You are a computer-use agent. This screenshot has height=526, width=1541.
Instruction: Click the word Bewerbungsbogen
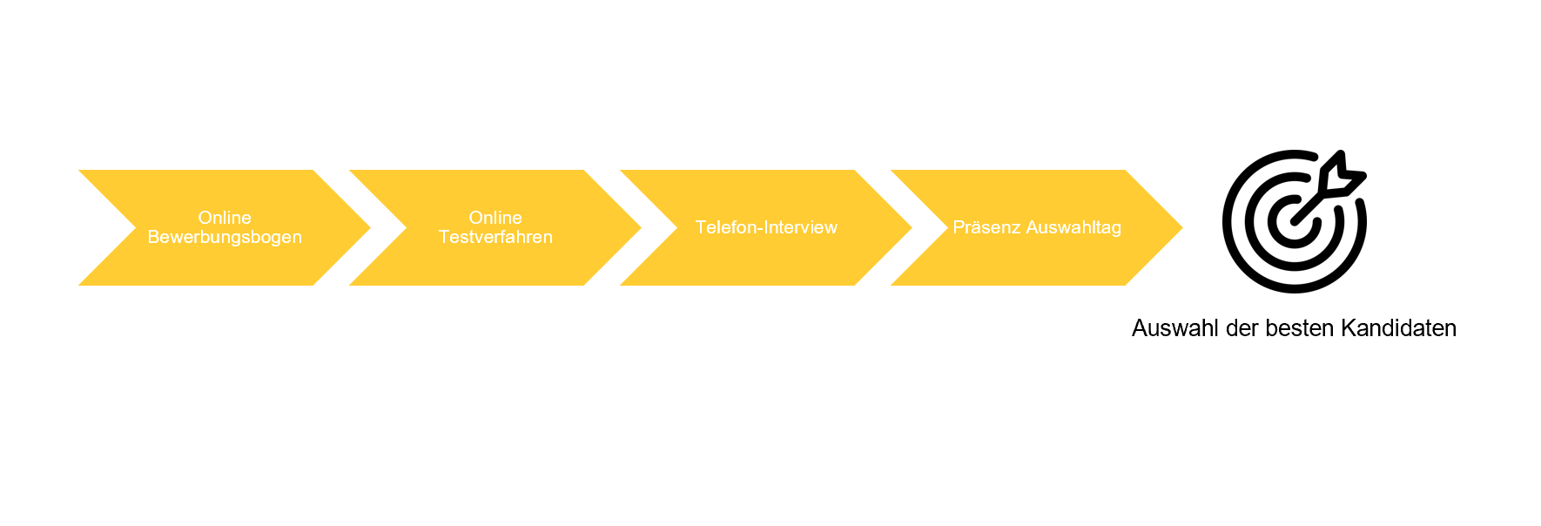(x=225, y=237)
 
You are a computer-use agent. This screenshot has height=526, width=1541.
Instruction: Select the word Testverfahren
(x=495, y=237)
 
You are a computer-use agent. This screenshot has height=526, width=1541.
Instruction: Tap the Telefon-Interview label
(x=766, y=227)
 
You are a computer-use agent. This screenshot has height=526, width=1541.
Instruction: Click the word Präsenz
(x=986, y=227)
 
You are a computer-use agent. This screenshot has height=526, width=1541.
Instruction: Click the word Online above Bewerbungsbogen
(x=225, y=218)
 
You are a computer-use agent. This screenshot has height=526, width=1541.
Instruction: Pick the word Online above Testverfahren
(x=495, y=218)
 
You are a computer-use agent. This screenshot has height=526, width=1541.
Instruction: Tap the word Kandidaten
(x=1398, y=328)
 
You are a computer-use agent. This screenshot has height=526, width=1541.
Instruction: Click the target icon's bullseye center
(x=1294, y=222)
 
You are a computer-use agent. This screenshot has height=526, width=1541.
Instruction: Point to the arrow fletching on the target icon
(x=1341, y=174)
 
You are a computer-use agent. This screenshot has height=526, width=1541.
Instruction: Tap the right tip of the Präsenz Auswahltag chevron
(x=1183, y=227)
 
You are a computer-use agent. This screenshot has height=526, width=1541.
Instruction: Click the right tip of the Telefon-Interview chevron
(x=912, y=227)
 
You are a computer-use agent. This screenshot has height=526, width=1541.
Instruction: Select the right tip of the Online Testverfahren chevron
(x=642, y=227)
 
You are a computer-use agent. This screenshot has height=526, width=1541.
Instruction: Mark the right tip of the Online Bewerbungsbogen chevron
(x=371, y=227)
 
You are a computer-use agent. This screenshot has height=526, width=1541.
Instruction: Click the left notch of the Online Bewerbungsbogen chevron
(x=136, y=227)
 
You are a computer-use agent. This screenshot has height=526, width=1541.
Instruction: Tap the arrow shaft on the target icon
(x=1310, y=206)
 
